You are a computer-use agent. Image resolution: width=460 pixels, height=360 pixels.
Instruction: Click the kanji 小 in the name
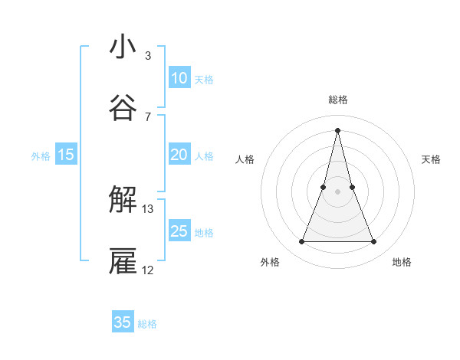123,47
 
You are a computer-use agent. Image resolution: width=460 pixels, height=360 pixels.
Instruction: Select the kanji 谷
123,108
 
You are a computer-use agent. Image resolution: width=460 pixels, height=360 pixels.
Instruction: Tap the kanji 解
123,201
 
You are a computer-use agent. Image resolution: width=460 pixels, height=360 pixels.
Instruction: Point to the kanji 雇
123,261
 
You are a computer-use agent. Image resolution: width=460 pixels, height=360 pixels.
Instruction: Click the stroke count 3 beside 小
148,55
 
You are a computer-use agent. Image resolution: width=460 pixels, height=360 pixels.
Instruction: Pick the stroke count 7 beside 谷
148,116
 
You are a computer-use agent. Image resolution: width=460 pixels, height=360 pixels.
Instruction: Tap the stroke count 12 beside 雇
148,270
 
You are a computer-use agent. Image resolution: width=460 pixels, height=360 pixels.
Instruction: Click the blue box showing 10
179,78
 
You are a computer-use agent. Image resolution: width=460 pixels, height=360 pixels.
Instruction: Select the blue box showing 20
179,155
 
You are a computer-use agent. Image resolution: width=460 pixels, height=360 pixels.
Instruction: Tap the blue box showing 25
179,231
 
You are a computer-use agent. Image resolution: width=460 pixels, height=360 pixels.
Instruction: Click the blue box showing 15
66,155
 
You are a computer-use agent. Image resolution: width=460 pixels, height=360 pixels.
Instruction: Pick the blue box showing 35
123,322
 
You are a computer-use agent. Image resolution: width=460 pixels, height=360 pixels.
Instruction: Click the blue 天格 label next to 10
204,79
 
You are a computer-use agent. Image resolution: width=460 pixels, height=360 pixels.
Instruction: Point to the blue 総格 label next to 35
147,324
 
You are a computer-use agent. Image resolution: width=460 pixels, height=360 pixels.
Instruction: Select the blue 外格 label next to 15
41,155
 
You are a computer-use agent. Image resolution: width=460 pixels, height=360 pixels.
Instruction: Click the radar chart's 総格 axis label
338,100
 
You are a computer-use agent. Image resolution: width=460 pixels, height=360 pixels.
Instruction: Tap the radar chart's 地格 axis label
402,262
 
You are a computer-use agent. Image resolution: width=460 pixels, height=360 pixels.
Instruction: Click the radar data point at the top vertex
338,129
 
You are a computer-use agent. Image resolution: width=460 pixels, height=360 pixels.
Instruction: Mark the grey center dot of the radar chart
338,191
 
